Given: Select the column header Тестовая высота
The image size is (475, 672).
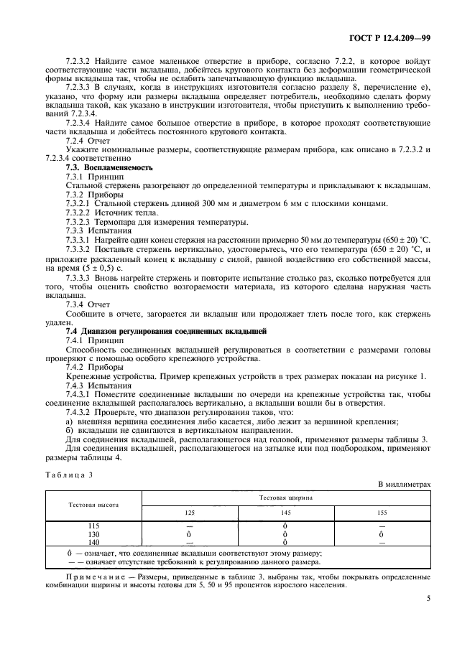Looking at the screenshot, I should (x=93, y=505).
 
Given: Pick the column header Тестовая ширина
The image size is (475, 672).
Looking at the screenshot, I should (x=285, y=496).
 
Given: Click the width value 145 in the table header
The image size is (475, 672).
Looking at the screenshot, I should (x=285, y=513).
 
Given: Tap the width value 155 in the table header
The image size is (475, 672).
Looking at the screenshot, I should (x=382, y=513).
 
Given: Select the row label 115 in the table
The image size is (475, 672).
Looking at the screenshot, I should (x=93, y=526).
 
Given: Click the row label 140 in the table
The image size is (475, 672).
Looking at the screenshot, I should (x=93, y=542).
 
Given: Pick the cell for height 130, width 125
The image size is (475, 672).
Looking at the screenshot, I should (x=190, y=534).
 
